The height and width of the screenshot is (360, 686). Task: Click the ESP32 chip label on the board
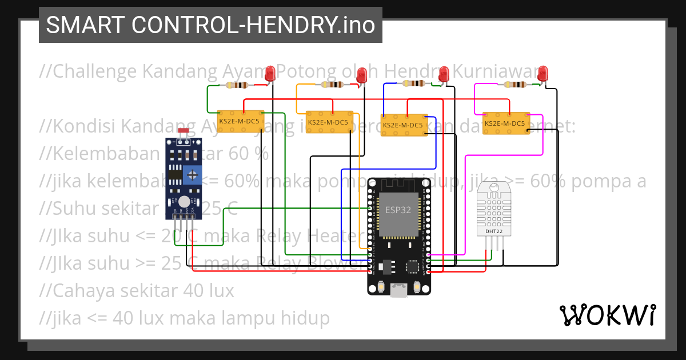398,210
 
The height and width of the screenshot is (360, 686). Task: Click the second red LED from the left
361,74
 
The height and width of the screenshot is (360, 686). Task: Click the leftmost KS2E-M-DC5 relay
240,121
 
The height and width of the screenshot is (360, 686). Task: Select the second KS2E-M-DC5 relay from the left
329,122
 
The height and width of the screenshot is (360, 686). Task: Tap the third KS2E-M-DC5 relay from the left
404,125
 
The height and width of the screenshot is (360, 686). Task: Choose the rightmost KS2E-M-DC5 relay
505,123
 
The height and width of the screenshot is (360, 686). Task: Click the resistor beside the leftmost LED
237,86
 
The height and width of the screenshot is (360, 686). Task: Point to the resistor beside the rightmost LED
514,85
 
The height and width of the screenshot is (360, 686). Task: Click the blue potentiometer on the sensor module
193,173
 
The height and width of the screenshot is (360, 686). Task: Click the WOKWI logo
607,315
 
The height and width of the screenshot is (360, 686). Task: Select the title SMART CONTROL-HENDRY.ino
210,25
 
